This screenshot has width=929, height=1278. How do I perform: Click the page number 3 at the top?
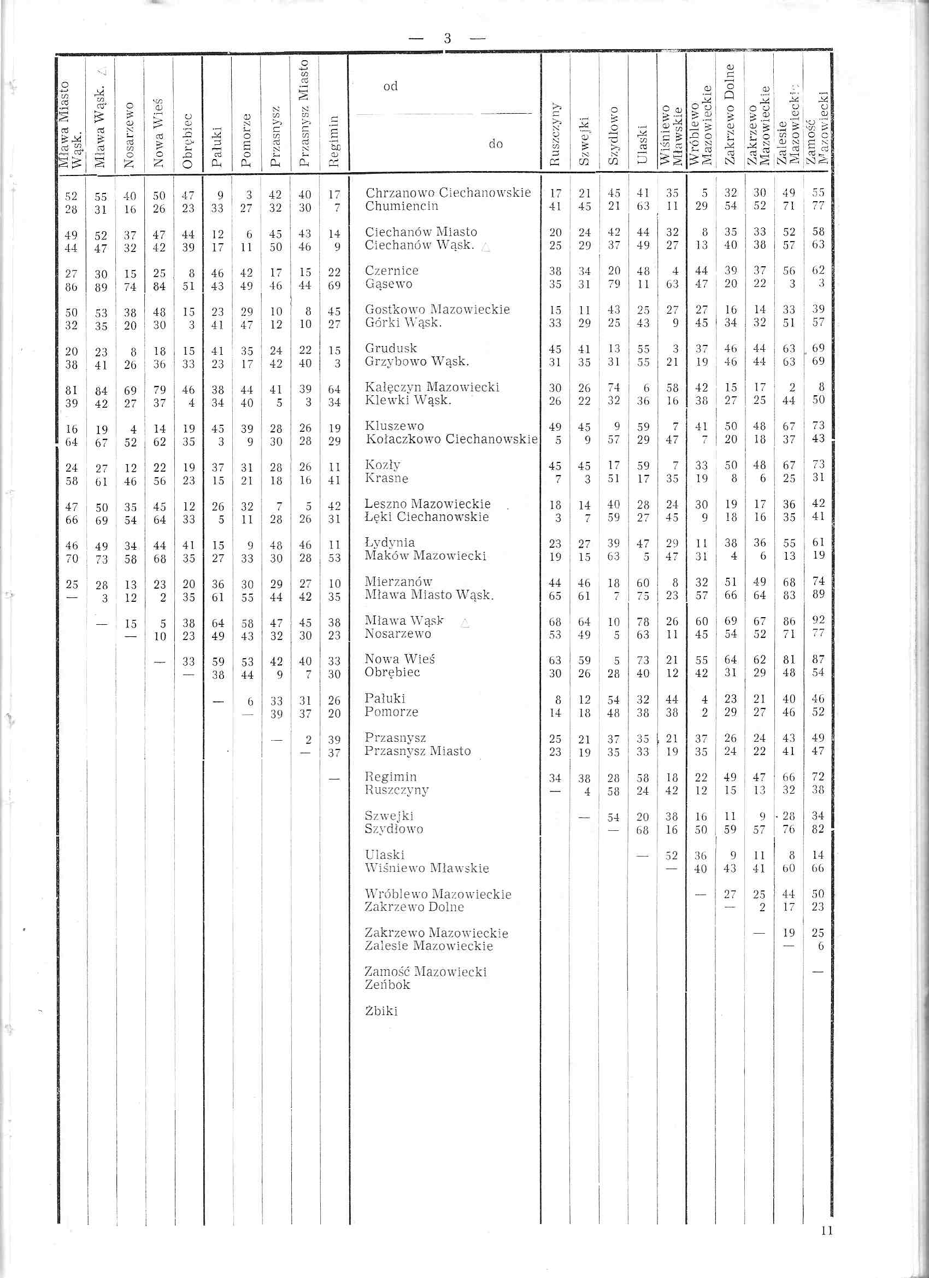(448, 38)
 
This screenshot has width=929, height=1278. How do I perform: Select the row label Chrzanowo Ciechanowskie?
(448, 193)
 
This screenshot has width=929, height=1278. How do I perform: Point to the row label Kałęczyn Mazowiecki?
(432, 387)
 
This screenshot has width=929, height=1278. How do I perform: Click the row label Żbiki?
(381, 1011)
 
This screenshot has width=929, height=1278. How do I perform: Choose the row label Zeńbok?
(387, 985)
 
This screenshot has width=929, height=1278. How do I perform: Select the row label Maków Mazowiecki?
(425, 556)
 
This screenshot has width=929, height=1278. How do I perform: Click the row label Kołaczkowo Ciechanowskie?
(451, 439)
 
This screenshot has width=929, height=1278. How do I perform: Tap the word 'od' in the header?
(390, 86)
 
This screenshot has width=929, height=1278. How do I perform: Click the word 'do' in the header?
(496, 144)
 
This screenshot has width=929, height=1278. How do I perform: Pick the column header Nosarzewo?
(130, 135)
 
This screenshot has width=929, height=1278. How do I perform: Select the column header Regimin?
(334, 141)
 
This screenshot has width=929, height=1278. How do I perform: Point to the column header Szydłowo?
(614, 135)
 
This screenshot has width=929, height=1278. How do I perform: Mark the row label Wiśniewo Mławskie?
(426, 869)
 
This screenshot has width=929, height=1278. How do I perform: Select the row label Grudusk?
(391, 348)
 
